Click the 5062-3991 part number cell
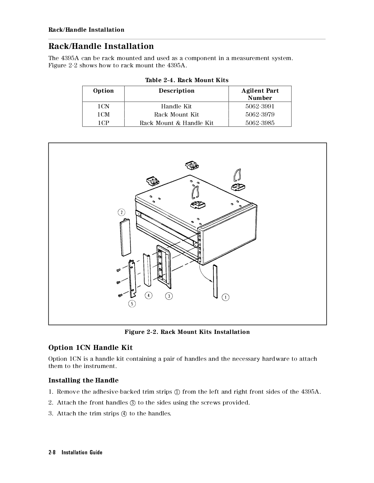260,106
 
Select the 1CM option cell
103,114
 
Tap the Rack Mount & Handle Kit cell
176,123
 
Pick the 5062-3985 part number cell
260,123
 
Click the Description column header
177,91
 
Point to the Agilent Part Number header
260,94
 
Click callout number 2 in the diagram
122,212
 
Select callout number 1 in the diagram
226,297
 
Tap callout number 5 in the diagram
132,303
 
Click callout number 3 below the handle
169,296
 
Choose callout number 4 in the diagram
148,295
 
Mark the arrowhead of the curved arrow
210,281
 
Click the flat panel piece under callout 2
126,237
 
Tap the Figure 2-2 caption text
187,332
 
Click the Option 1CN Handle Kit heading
90,348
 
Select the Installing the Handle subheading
83,380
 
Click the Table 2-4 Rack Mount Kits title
187,80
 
